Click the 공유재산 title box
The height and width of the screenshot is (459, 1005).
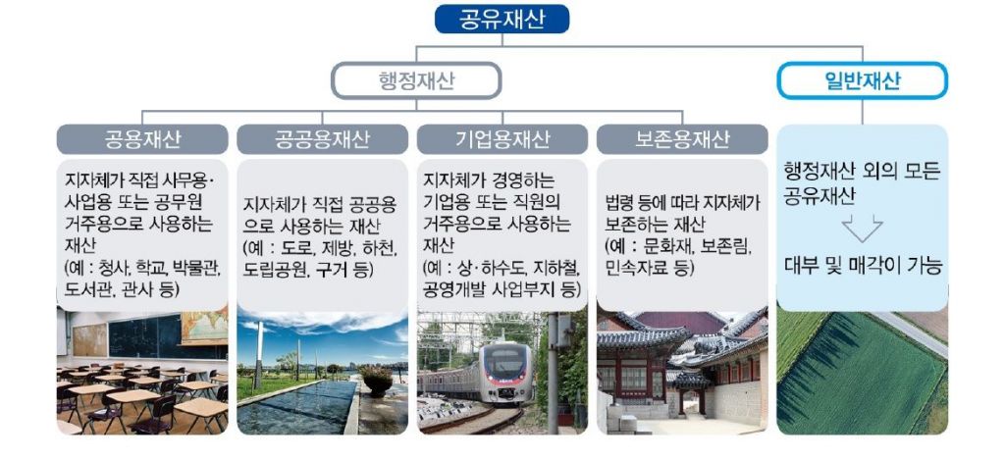502,19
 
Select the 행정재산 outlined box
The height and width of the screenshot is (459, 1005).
415,80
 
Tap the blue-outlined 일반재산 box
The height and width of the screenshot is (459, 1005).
862,80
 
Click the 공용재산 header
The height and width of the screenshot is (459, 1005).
142,139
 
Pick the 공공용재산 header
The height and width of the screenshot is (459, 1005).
322,139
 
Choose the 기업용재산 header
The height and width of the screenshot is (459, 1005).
502,139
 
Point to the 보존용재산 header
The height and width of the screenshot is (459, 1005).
682,139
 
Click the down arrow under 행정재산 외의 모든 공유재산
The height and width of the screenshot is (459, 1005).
862,228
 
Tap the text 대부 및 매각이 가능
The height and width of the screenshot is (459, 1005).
863,266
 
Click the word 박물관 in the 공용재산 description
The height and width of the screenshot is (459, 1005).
198,268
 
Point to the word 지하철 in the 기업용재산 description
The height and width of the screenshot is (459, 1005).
557,268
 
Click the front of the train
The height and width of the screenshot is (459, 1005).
506,374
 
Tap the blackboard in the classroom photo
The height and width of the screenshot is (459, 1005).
144,336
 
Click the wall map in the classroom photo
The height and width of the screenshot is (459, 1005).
204,325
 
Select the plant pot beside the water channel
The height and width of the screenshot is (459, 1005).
378,381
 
